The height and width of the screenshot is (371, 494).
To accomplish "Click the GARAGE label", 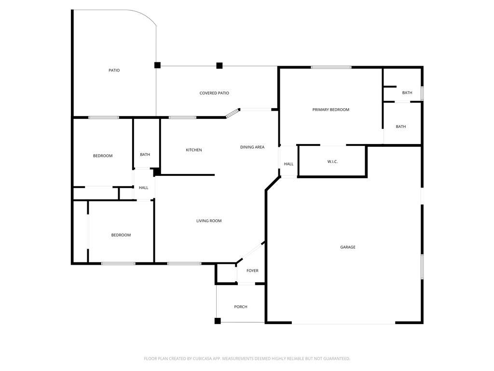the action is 347,247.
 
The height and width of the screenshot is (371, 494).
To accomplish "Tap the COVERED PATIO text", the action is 214,93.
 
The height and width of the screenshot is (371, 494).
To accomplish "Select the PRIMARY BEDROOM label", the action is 331,110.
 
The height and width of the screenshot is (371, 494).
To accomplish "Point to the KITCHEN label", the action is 194,150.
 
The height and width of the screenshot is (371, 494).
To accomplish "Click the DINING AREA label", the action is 252,147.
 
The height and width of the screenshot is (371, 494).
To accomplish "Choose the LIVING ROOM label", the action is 209,221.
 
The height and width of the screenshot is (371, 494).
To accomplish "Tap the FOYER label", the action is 252,271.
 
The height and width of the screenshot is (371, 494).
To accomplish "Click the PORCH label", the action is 241,307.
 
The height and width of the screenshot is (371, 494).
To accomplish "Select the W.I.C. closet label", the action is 332,161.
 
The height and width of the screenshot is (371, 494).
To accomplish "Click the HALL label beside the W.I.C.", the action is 288,164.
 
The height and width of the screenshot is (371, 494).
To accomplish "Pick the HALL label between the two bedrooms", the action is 143,188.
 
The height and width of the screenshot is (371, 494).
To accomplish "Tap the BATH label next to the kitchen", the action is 145,155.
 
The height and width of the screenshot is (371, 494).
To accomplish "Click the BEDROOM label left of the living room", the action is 121,235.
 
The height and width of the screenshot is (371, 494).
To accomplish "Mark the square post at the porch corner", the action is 218,321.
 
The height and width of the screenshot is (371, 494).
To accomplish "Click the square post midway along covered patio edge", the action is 220,66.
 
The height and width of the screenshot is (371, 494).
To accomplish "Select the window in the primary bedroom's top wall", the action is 331,67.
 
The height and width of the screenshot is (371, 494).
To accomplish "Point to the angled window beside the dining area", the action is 233,113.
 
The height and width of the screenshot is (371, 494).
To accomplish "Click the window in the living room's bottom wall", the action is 184,263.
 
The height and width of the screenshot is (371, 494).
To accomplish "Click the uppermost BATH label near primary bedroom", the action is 407,93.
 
